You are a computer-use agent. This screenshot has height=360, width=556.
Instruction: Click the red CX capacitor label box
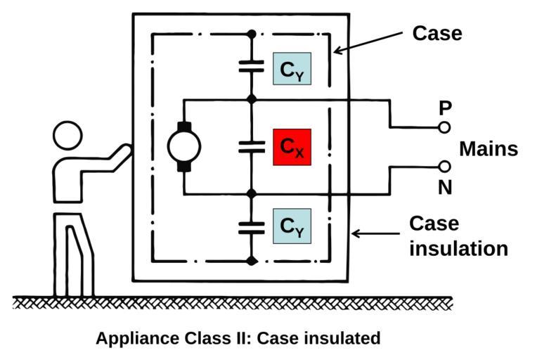292,147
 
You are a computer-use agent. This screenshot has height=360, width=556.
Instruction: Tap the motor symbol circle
183,146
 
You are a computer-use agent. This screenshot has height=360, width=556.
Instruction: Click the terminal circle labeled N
444,167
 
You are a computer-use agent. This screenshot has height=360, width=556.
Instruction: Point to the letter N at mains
445,188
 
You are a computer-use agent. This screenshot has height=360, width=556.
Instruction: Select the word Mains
489,149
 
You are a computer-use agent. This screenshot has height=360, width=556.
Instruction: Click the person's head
67,135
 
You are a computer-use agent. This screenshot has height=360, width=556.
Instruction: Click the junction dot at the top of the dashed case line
252,33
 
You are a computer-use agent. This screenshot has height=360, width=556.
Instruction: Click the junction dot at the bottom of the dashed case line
252,262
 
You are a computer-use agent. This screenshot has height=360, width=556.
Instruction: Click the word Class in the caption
202,337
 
